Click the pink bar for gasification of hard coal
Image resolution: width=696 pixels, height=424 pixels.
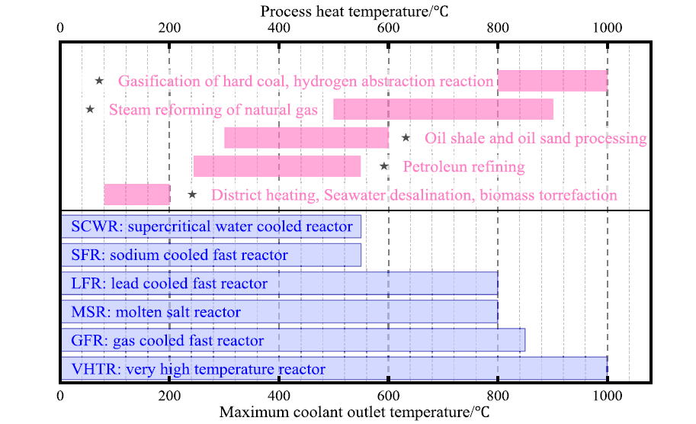pos(553,81)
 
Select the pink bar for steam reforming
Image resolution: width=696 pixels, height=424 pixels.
pos(444,109)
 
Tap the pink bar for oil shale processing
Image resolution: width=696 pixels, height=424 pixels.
pos(306,137)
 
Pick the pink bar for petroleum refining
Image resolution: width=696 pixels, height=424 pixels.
pos(277,166)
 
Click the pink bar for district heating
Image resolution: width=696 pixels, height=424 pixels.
pos(137,194)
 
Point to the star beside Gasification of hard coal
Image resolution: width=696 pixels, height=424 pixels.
pos(99,81)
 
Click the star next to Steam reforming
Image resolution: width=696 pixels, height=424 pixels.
pos(90,109)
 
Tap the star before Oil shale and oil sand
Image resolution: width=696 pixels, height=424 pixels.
pos(406,137)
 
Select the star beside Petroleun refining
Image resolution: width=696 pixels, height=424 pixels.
pos(384,166)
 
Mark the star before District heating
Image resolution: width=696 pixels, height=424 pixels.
pos(192,194)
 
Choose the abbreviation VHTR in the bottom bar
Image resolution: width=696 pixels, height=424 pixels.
pos(94,369)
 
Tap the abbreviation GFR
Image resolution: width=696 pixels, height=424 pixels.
pos(88,341)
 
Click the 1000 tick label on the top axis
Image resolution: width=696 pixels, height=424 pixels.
pos(608,28)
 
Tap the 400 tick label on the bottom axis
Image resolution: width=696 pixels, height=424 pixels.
pos(279,395)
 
